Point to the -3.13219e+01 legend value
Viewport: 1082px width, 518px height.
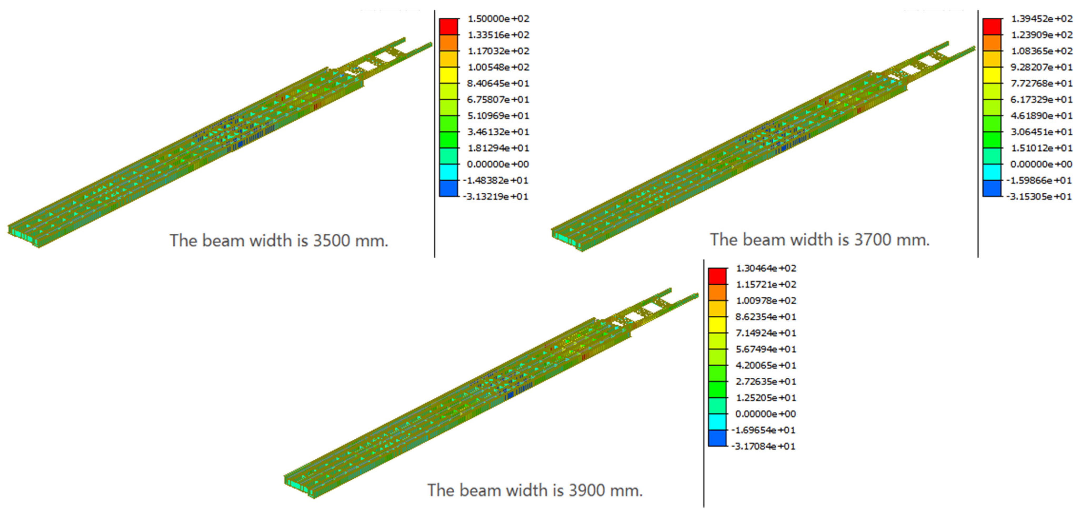click(496, 197)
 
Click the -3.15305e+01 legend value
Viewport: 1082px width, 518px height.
click(1039, 197)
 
